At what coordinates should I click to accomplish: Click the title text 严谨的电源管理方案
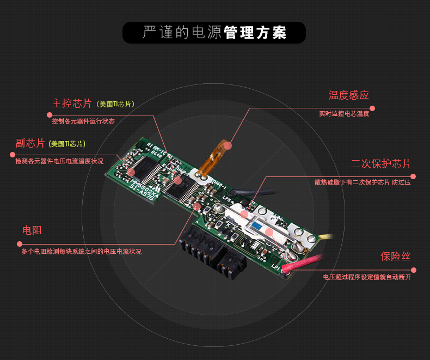coord(214,33)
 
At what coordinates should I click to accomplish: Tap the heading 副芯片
coord(30,143)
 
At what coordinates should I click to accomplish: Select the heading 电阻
coord(32,230)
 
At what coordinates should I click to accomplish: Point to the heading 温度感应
coord(348,95)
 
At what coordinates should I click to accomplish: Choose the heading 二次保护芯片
coord(380,163)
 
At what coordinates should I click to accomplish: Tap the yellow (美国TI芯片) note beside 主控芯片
coord(115,104)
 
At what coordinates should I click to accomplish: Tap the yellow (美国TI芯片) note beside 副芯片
coord(67,144)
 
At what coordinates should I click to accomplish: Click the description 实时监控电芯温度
coord(344,114)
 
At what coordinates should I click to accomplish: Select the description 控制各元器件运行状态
coord(83,121)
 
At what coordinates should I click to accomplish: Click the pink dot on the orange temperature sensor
coord(228,146)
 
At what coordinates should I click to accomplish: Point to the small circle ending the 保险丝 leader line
coord(414,270)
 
